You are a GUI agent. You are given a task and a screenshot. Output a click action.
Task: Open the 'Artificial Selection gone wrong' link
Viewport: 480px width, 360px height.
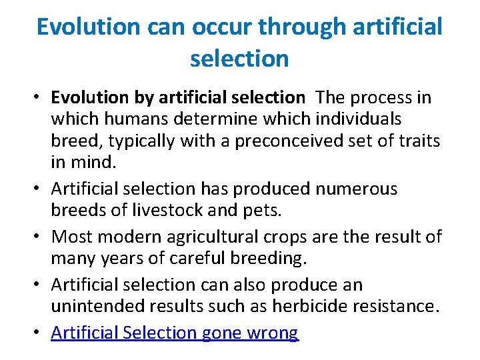tap(175, 333)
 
